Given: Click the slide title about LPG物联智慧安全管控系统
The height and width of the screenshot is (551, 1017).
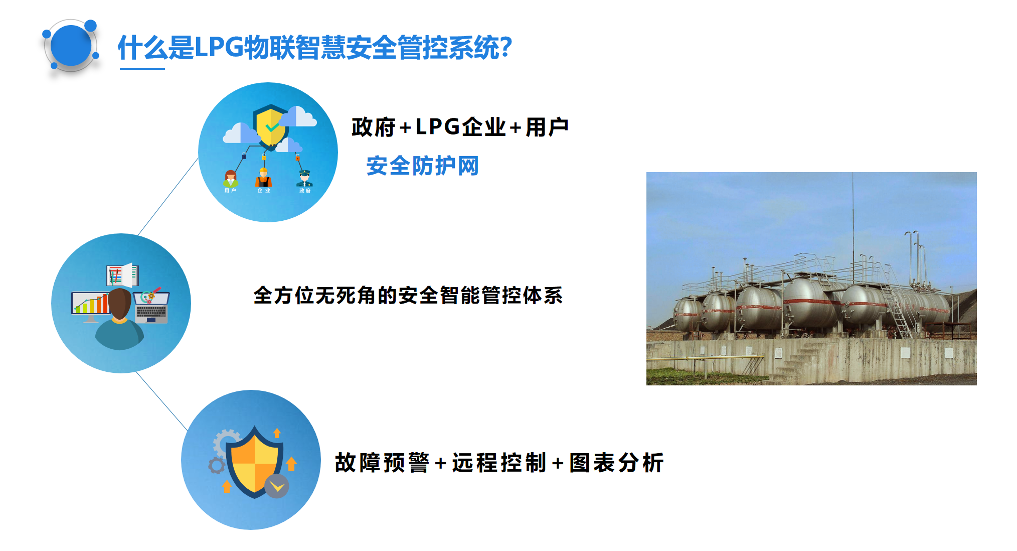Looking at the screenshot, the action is pyautogui.click(x=314, y=48).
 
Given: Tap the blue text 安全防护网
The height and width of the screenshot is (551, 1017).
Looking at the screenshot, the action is pyautogui.click(x=422, y=166).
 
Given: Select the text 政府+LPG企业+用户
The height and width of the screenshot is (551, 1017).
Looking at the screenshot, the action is pyautogui.click(x=460, y=127).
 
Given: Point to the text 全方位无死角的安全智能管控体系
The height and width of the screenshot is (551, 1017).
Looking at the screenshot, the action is pyautogui.click(x=408, y=295).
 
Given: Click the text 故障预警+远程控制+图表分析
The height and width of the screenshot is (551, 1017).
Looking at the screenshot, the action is pyautogui.click(x=499, y=462).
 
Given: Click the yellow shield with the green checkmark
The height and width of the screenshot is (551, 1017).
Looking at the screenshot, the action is pyautogui.click(x=271, y=126).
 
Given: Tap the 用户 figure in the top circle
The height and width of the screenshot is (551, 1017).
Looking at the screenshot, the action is pyautogui.click(x=231, y=181).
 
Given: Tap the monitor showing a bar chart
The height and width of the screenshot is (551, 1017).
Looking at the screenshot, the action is pyautogui.click(x=90, y=307).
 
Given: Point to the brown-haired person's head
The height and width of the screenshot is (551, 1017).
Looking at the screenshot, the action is pyautogui.click(x=119, y=304).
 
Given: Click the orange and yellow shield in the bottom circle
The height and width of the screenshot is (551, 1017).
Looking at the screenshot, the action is pyautogui.click(x=254, y=462).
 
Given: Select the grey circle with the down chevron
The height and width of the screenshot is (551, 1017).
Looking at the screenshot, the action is pyautogui.click(x=277, y=486).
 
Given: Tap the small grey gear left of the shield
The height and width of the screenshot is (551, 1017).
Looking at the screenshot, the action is pyautogui.click(x=217, y=466).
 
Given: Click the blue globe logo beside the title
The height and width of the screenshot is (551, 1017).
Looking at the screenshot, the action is pyautogui.click(x=71, y=46).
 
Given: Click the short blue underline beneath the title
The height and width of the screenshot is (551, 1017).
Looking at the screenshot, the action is pyautogui.click(x=142, y=69).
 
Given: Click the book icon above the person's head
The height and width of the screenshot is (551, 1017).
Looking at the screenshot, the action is pyautogui.click(x=122, y=275).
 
